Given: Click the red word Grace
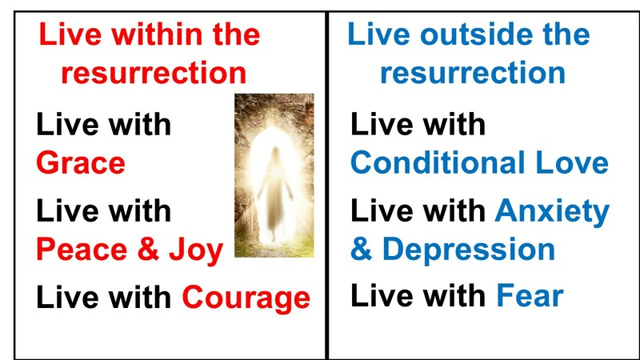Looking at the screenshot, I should click(81, 163).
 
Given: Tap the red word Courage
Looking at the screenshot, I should click(246, 298).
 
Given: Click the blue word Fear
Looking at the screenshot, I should click(530, 297).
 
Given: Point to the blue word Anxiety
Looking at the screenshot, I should click(552, 211).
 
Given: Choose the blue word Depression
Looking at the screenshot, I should click(469, 250).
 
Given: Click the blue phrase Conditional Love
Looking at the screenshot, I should click(479, 163).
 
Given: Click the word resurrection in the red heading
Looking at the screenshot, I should click(154, 74).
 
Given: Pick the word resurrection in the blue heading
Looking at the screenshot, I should click(473, 74).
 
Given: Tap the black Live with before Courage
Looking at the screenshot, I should click(104, 298).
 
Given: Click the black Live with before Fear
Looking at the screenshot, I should click(418, 297).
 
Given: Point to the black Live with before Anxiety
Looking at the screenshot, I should click(418, 211).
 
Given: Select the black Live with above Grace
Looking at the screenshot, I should click(104, 125).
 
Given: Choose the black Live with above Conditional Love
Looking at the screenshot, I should click(418, 125).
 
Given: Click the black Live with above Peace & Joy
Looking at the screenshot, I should click(104, 211).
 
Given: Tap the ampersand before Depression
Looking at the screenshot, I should click(361, 250).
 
